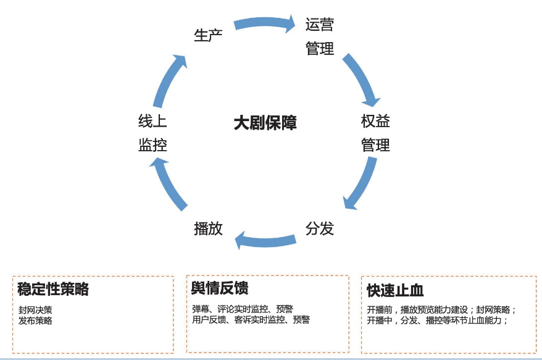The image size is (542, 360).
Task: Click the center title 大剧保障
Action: (265, 122)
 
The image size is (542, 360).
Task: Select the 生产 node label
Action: (208, 35)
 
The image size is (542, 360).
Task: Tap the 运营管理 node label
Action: (320, 36)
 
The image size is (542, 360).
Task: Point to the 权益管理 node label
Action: (375, 133)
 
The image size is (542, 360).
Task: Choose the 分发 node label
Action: (320, 228)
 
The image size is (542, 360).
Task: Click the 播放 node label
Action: (208, 228)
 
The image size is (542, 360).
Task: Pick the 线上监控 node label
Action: (152, 133)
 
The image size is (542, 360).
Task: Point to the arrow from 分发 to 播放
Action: (265, 240)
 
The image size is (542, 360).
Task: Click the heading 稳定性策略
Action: (53, 289)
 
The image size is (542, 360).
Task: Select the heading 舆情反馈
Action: (220, 288)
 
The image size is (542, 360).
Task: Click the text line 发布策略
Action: (36, 320)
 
